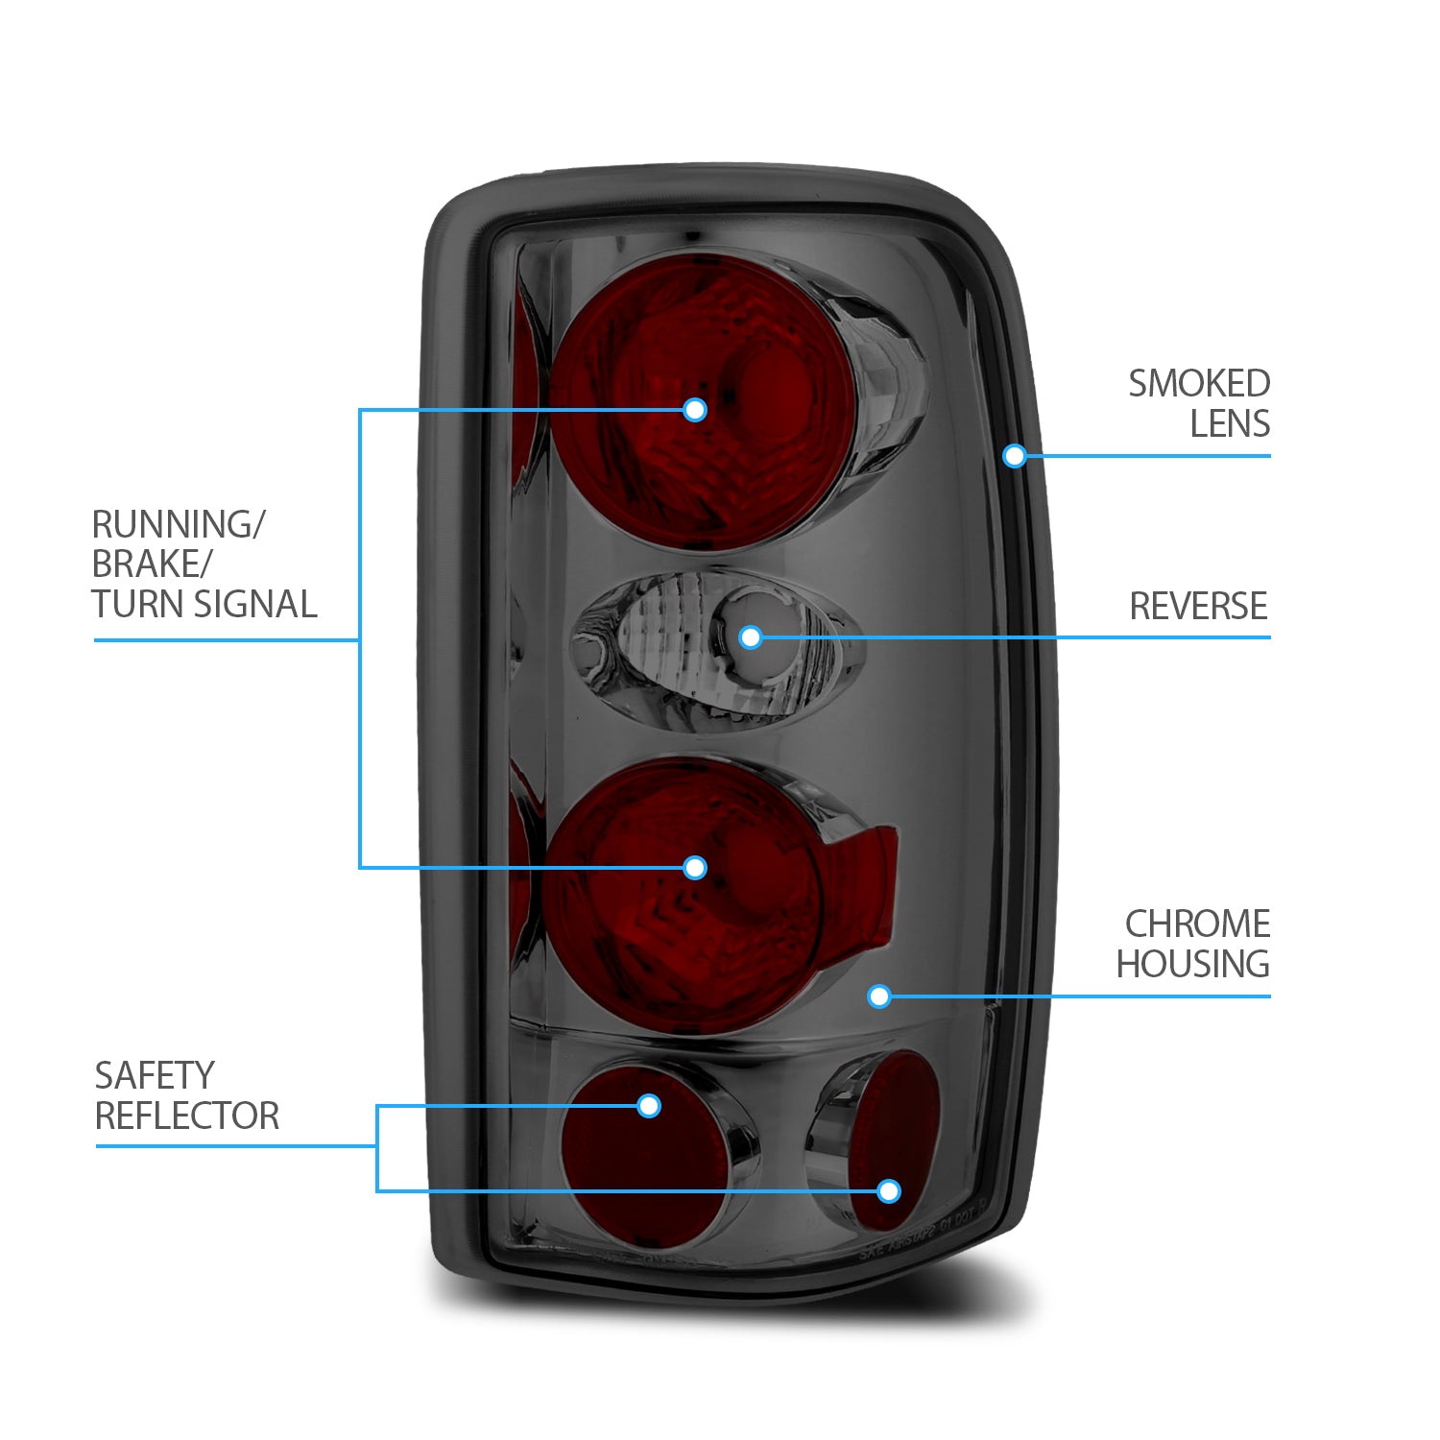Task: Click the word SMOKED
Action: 1198,384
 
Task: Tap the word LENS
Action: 1229,424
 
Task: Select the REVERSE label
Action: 1198,607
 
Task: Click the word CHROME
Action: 1197,924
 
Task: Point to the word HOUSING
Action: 1192,964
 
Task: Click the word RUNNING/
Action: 178,525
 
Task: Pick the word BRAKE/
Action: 151,564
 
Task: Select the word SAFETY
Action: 155,1076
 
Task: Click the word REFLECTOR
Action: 187,1116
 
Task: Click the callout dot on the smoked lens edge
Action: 1015,456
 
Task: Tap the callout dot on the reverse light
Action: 751,636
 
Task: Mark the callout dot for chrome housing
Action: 878,996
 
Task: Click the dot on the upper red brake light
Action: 695,410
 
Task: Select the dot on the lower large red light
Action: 695,868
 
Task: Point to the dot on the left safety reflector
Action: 649,1106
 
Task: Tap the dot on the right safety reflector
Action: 889,1191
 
